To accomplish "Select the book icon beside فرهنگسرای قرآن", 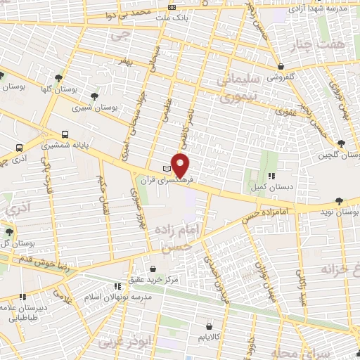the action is coord(167,169).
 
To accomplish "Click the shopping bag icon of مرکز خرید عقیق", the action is coord(154,269).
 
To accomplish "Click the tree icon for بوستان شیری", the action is coord(95,96).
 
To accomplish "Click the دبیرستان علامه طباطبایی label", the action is coord(28,311).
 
